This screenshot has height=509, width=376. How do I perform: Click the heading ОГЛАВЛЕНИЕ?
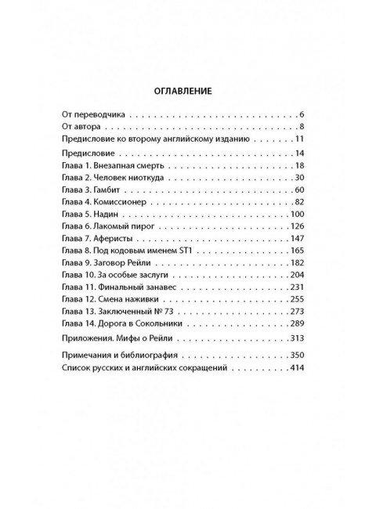pyautogui.click(x=188, y=90)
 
